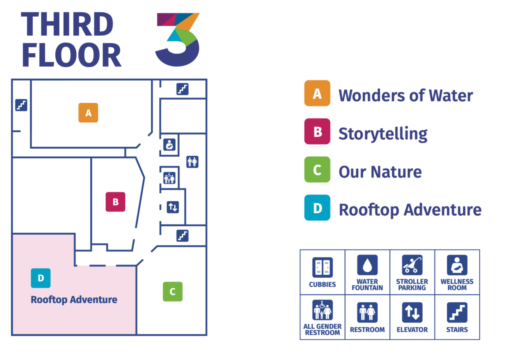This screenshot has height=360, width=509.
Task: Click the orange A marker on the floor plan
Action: click(x=88, y=113)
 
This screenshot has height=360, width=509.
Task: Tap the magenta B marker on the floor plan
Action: click(x=115, y=202)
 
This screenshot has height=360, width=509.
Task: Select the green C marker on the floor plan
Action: click(x=173, y=292)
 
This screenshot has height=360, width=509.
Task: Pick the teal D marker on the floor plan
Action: click(x=41, y=278)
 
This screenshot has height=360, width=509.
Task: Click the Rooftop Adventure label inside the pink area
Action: click(x=74, y=300)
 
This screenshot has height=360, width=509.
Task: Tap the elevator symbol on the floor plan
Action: click(x=173, y=207)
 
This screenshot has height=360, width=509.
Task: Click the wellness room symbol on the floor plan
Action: click(x=169, y=144)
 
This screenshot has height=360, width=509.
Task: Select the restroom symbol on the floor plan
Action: click(x=192, y=162)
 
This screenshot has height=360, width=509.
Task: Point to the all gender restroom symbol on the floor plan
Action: click(x=169, y=178)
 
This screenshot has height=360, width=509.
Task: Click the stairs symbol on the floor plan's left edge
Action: click(x=21, y=105)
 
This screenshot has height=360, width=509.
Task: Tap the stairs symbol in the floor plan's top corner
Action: click(x=183, y=89)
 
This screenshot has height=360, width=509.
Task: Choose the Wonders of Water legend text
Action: click(x=406, y=95)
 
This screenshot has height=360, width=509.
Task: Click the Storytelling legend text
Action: click(x=383, y=134)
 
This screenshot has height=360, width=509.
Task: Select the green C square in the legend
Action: click(x=317, y=169)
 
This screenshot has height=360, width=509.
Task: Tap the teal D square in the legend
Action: click(x=317, y=208)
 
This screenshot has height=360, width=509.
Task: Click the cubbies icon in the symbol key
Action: click(x=322, y=267)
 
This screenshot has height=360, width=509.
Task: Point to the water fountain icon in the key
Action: click(x=367, y=265)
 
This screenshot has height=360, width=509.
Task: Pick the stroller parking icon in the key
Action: click(x=412, y=265)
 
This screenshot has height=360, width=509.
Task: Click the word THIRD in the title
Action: click(x=67, y=24)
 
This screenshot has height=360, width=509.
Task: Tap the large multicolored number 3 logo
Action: click(x=177, y=39)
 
